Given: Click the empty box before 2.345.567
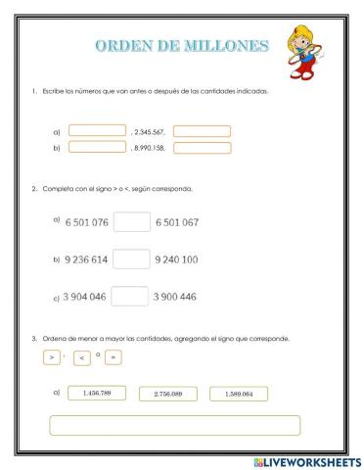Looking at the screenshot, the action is [97, 130].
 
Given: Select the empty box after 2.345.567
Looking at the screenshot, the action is [202, 130].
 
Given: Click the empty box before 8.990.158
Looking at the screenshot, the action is [97, 148].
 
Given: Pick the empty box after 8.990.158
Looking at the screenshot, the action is [202, 148].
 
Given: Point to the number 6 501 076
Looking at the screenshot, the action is [86, 222].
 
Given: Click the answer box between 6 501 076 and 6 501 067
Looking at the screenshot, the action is [131, 222].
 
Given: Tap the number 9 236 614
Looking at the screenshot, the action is [86, 259].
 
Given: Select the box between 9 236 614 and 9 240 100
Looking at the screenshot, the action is [131, 259].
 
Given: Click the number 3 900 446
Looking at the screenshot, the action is [175, 296].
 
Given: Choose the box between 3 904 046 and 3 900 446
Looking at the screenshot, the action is [131, 296].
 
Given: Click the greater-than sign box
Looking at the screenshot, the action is [51, 357].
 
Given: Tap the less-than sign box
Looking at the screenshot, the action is [81, 358].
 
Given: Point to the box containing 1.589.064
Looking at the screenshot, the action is [237, 394].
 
